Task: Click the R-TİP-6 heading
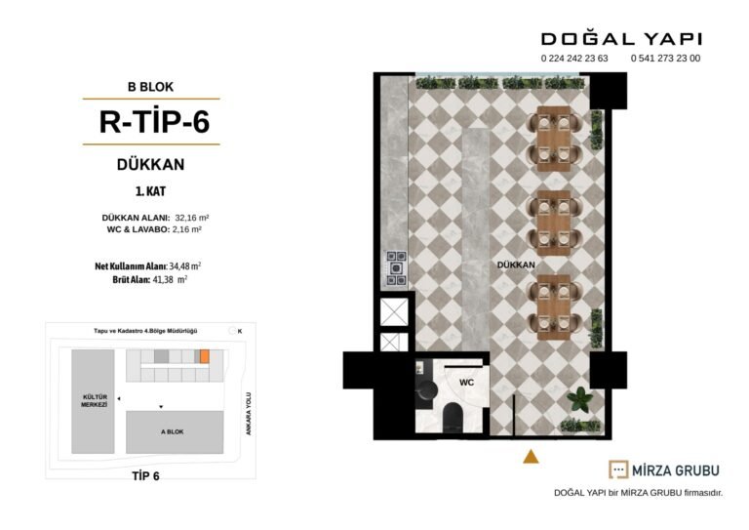154,121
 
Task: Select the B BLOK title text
150,87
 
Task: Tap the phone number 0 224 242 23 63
574,59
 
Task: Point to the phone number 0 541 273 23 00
665,59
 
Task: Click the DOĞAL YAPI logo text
621,39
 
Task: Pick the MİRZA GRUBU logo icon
618,469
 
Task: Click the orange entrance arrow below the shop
531,457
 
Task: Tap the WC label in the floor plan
466,383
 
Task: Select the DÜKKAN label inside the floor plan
516,265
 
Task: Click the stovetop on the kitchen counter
396,268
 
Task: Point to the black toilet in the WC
453,417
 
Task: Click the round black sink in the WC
426,390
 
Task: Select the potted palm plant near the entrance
580,399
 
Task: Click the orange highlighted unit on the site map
205,356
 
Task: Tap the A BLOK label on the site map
173,431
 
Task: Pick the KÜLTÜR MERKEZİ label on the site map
94,400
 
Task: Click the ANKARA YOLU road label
249,414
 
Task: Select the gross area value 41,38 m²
170,280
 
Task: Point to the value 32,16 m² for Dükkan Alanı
192,218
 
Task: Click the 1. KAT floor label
150,191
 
